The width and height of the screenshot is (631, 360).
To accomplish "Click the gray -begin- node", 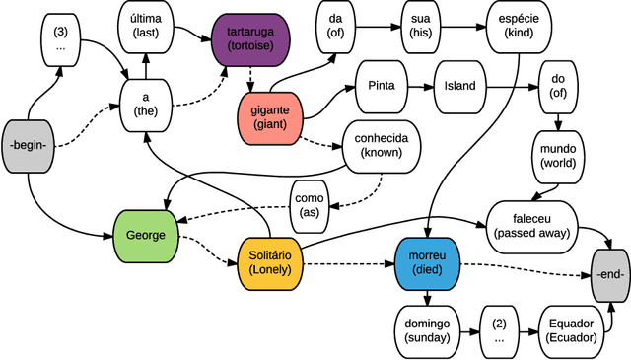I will tap(30, 146).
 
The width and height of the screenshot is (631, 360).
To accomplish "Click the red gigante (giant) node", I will tap(268, 118).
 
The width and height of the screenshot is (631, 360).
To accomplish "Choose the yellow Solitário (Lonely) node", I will tap(269, 263).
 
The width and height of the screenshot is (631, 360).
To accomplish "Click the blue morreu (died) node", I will tap(427, 263).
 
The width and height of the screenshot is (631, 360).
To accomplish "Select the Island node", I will tap(459, 86).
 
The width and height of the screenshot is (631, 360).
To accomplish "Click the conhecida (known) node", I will tap(380, 146).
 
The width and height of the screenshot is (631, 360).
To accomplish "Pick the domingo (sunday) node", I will tap(427, 329).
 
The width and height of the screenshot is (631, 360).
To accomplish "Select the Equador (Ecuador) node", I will tap(570, 329).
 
